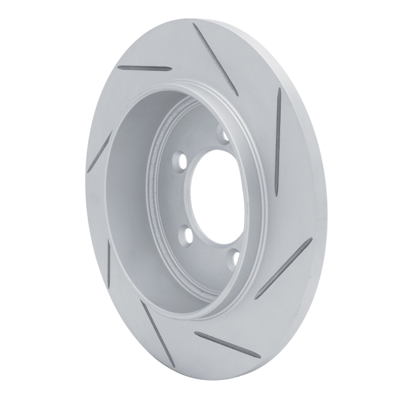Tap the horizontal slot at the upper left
[x=144, y=67]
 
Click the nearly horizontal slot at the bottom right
[x=227, y=345]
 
